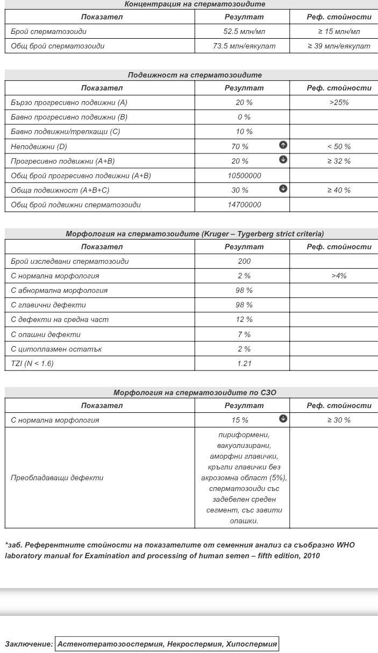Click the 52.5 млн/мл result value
(244, 32)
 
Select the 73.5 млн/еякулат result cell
(244, 46)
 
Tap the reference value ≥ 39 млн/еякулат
(339, 46)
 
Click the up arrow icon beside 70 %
(283, 145)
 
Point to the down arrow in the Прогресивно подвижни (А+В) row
(283, 160)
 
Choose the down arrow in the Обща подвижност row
(283, 189)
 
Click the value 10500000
(244, 175)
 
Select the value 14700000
(244, 205)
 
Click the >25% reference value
(339, 102)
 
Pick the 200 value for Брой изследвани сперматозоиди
(244, 261)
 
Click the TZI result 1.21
(244, 363)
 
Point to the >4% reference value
(339, 276)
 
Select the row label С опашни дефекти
(46, 334)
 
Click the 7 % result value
(244, 334)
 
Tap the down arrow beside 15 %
(283, 419)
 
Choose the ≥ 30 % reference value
(339, 420)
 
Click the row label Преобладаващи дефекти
(57, 478)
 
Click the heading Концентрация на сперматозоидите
(195, 4)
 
